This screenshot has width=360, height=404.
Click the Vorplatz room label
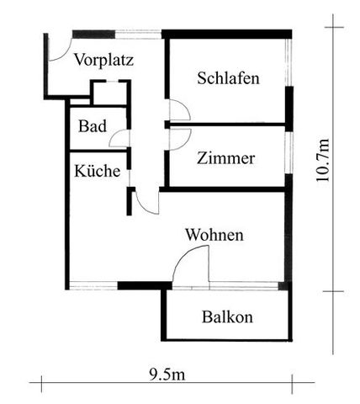click(x=103, y=60)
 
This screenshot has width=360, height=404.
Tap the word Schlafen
click(x=228, y=78)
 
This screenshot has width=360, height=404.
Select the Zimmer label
click(x=225, y=158)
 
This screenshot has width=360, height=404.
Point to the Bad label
click(x=93, y=126)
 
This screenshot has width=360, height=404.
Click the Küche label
click(x=98, y=171)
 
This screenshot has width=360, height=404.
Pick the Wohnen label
click(x=214, y=235)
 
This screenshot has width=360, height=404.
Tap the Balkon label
click(x=227, y=317)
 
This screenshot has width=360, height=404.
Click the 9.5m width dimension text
click(x=167, y=375)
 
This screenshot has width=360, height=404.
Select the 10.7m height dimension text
click(x=322, y=160)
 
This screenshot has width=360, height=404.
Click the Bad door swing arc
click(x=115, y=135)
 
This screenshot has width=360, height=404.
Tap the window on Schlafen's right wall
click(x=289, y=62)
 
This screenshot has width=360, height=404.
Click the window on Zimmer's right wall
click(x=289, y=152)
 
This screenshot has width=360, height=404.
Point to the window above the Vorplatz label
click(x=138, y=34)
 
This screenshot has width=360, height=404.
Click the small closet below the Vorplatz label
click(x=110, y=93)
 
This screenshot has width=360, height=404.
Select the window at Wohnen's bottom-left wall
click(x=93, y=285)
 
